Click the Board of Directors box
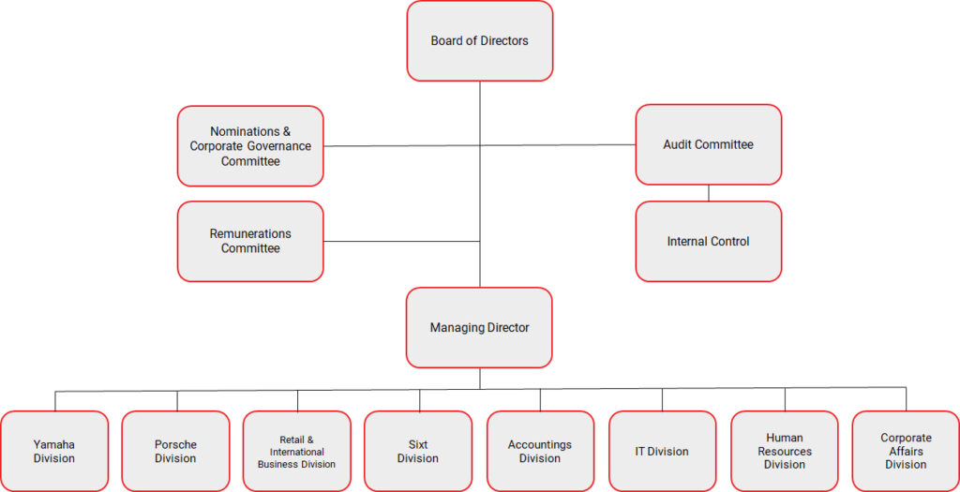pyautogui.click(x=480, y=41)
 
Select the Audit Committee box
pyautogui.click(x=709, y=144)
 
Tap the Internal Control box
pyautogui.click(x=709, y=241)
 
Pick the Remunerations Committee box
pyautogui.click(x=250, y=241)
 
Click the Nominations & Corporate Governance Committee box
pyautogui.click(x=250, y=145)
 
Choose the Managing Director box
pyautogui.click(x=479, y=327)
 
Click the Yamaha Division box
pyautogui.click(x=54, y=451)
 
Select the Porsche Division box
pyautogui.click(x=175, y=451)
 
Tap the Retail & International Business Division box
pyautogui.click(x=297, y=451)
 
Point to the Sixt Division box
pyautogui.click(x=418, y=451)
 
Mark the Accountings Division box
pyautogui.click(x=540, y=451)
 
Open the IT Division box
pyautogui.click(x=662, y=451)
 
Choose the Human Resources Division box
pyautogui.click(x=785, y=451)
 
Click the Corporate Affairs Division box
pyautogui.click(x=906, y=451)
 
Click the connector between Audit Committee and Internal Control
pyautogui.click(x=709, y=193)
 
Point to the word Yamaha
pyautogui.click(x=53, y=445)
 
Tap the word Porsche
pyautogui.click(x=175, y=445)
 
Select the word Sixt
pyautogui.click(x=417, y=445)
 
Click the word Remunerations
pyautogui.click(x=250, y=233)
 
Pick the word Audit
pyautogui.click(x=676, y=145)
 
